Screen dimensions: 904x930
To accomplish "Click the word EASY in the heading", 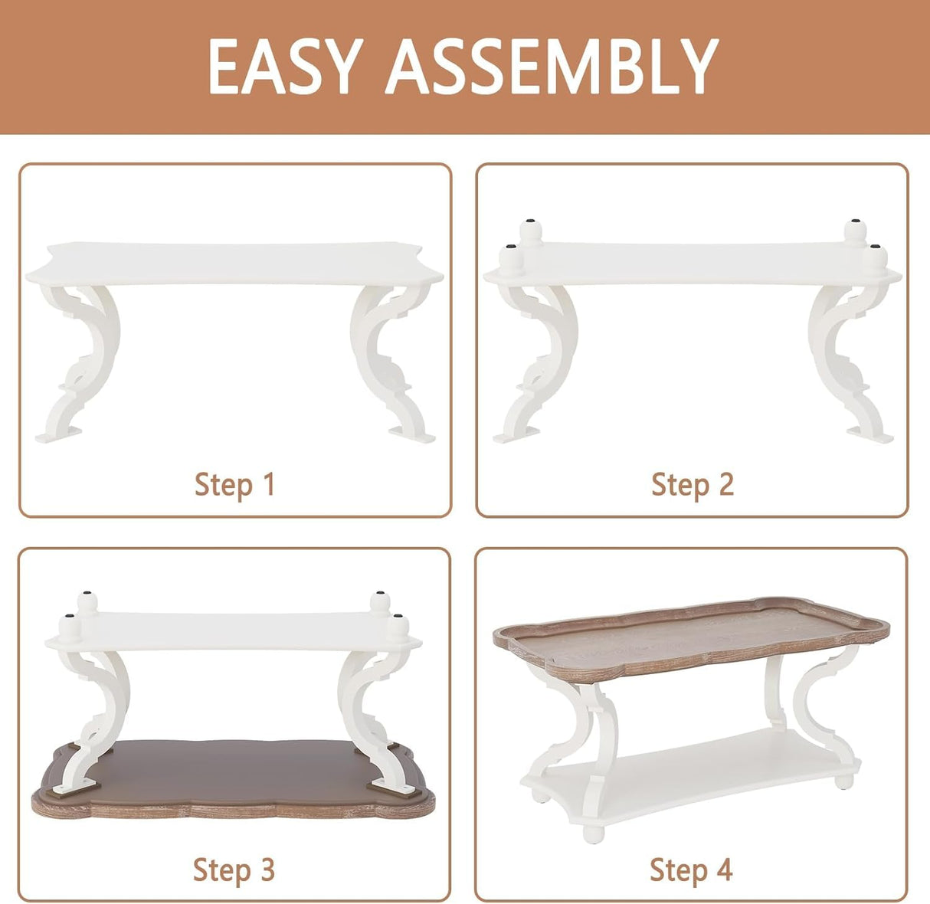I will tap(283, 67).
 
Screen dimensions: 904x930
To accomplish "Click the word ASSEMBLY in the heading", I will tap(552, 67).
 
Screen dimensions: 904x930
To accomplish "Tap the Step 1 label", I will tap(234, 484).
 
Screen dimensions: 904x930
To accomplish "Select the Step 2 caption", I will tap(693, 484).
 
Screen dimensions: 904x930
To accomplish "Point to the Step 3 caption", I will tap(234, 870).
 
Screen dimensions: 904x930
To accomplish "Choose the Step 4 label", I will tap(691, 870).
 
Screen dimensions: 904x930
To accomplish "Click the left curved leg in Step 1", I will tap(81, 360).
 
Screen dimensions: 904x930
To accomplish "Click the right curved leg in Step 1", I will tap(388, 360).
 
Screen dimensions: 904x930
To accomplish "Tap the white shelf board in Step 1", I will tap(234, 264).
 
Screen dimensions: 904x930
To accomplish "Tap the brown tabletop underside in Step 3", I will tap(230, 766).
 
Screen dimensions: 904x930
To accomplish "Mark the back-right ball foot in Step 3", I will tap(379, 601).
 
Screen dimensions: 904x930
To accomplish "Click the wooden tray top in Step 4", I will tap(689, 636).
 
